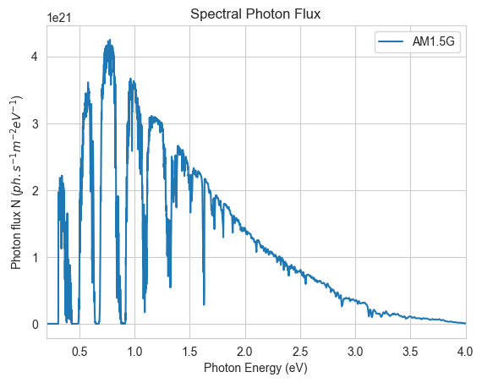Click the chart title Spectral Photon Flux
point(255,14)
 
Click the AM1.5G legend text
point(433,41)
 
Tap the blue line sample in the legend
point(391,41)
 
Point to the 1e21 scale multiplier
point(59,18)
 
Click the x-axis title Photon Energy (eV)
point(255,368)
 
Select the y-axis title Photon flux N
point(16,183)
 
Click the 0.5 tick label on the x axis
point(79,352)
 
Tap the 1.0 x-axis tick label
point(134,352)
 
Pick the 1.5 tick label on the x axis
point(189,352)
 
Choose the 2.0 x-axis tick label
point(245,352)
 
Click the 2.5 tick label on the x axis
point(300,352)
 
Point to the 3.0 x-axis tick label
point(355,352)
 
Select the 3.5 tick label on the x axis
point(410,352)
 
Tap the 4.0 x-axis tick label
point(465,352)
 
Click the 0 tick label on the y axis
point(36,325)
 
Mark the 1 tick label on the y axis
point(36,258)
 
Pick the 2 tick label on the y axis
point(36,191)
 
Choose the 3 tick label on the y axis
point(36,124)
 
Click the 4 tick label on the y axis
point(36,57)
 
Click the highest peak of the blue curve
point(109,40)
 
